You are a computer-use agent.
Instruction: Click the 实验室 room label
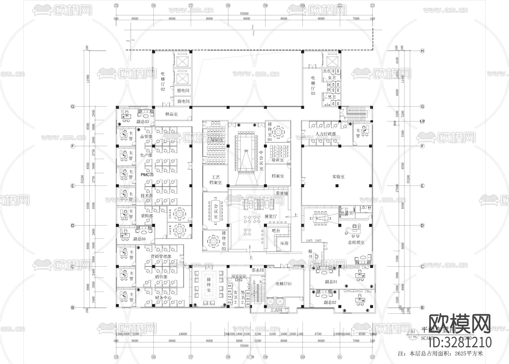338,177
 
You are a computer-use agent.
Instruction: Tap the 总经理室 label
356,242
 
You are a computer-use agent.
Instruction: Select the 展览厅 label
270,216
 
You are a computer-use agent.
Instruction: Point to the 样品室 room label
171,114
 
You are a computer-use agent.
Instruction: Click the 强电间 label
183,91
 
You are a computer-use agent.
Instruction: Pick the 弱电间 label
183,101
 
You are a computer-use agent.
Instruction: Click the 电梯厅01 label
284,284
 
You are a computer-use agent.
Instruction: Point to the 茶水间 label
258,270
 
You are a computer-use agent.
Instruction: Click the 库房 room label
284,243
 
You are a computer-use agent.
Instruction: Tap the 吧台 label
276,231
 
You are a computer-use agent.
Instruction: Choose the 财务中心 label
163,298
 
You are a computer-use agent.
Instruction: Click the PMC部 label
147,175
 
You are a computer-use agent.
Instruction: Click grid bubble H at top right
422,51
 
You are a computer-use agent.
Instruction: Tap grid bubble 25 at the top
116,5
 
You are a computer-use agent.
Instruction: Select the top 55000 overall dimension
244,13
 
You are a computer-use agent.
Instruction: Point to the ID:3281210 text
460,342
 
